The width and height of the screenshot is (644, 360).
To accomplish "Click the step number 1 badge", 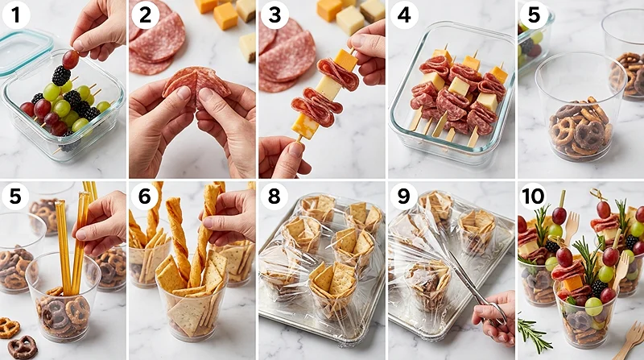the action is coord(15,15).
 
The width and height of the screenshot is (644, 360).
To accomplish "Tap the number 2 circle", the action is coord(145,15).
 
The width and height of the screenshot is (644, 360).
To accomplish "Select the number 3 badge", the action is coord(275,15).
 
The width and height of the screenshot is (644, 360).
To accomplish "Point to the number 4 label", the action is coord(404,15).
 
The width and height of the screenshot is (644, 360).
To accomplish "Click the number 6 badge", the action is coord(145,197).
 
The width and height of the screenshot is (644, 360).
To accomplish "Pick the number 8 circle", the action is coord(274,197).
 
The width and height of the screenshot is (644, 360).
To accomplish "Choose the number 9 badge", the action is coord(403,197).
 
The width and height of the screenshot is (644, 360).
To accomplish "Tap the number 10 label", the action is coord(533,197).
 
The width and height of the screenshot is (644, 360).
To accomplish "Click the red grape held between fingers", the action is coord(70,59).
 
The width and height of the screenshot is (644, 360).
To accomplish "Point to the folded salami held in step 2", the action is coord(196,85).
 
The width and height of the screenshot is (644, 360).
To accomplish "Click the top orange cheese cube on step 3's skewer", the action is coord(345,60).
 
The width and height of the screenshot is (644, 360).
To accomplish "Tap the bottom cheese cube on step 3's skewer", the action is coord(306,126).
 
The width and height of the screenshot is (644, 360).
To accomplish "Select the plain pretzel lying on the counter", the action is coord(8,328).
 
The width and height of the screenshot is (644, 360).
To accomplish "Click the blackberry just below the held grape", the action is coord(61,76).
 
